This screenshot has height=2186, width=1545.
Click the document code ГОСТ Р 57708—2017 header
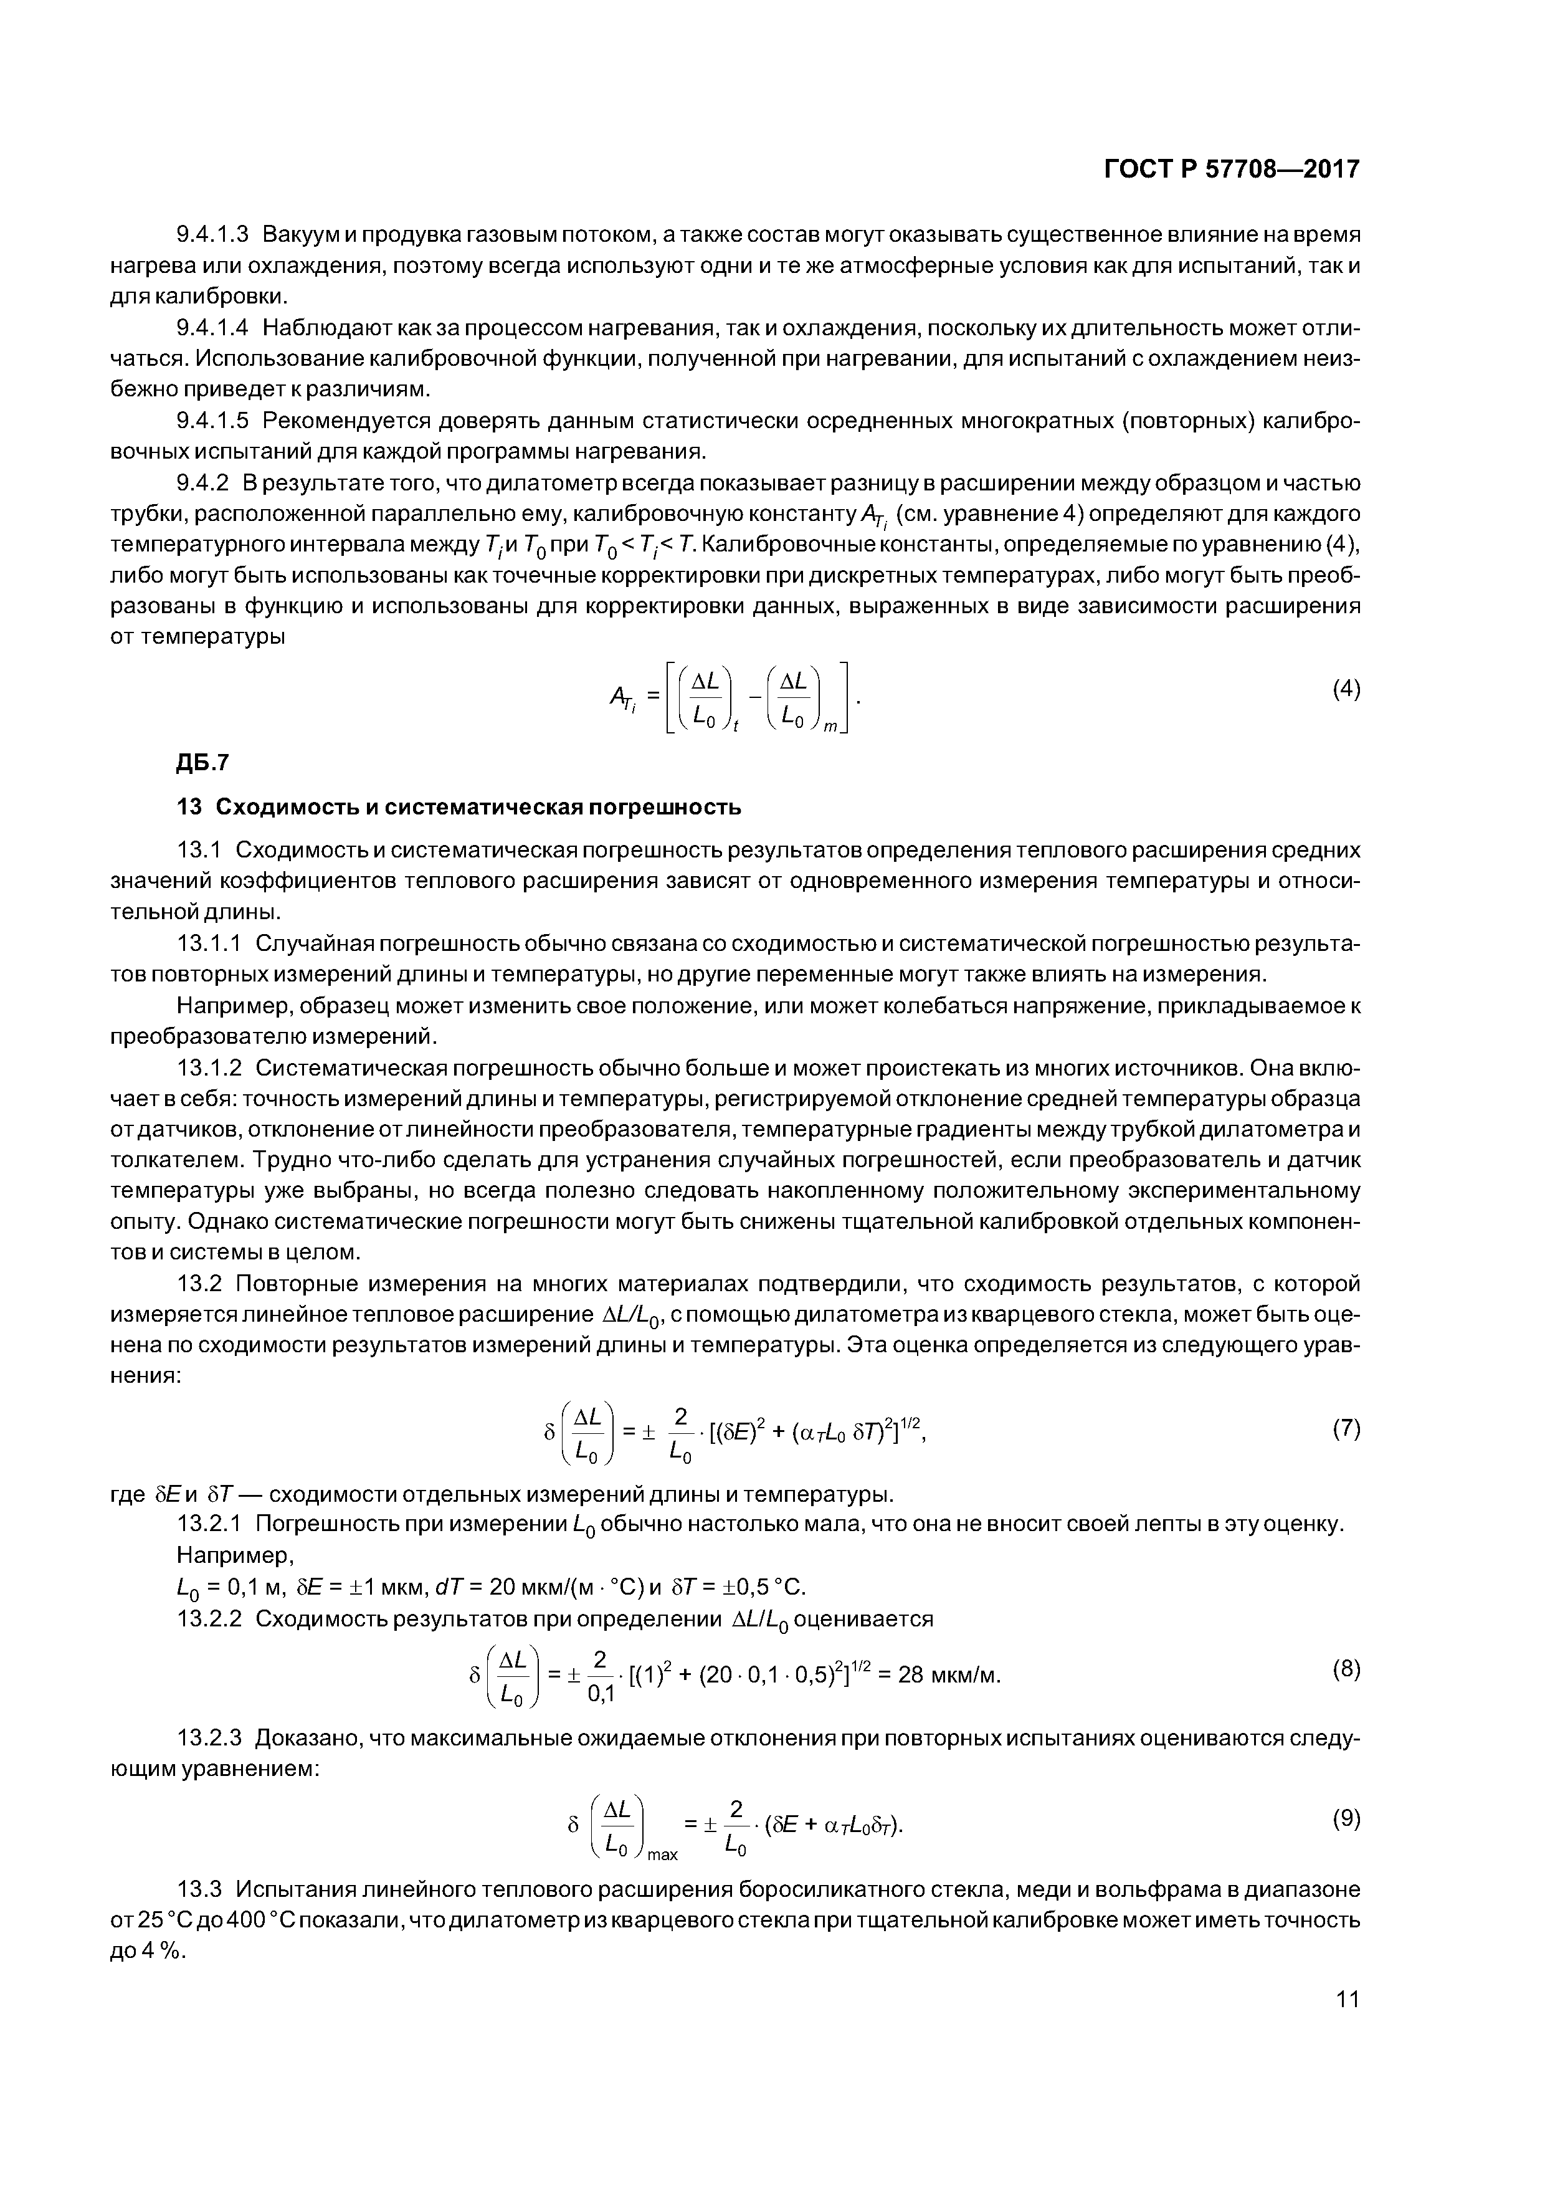[1232, 169]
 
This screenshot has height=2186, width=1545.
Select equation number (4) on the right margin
[1346, 689]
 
